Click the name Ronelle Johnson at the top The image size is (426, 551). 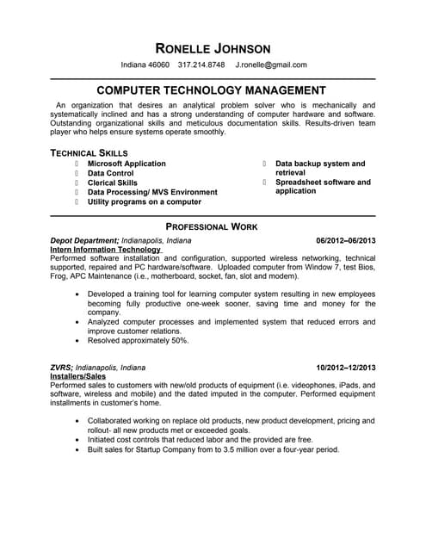pos(213,47)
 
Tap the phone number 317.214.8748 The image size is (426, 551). pos(201,65)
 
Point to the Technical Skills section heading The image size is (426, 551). pos(90,152)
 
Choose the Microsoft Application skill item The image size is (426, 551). pos(127,164)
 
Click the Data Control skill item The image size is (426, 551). pos(110,173)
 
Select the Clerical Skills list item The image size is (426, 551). pos(113,183)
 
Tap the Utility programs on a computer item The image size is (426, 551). pos(145,201)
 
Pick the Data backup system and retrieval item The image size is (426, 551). pos(320,168)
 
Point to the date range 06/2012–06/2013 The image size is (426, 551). pos(346,240)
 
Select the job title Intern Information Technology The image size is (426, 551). pos(105,250)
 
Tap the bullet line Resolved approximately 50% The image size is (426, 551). pos(138,340)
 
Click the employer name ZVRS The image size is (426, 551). pos(61,368)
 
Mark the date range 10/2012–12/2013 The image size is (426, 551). pos(346,368)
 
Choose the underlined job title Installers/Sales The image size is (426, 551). pos(78,376)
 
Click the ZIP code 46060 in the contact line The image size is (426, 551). pos(158,65)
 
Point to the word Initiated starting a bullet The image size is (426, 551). pos(104,439)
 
